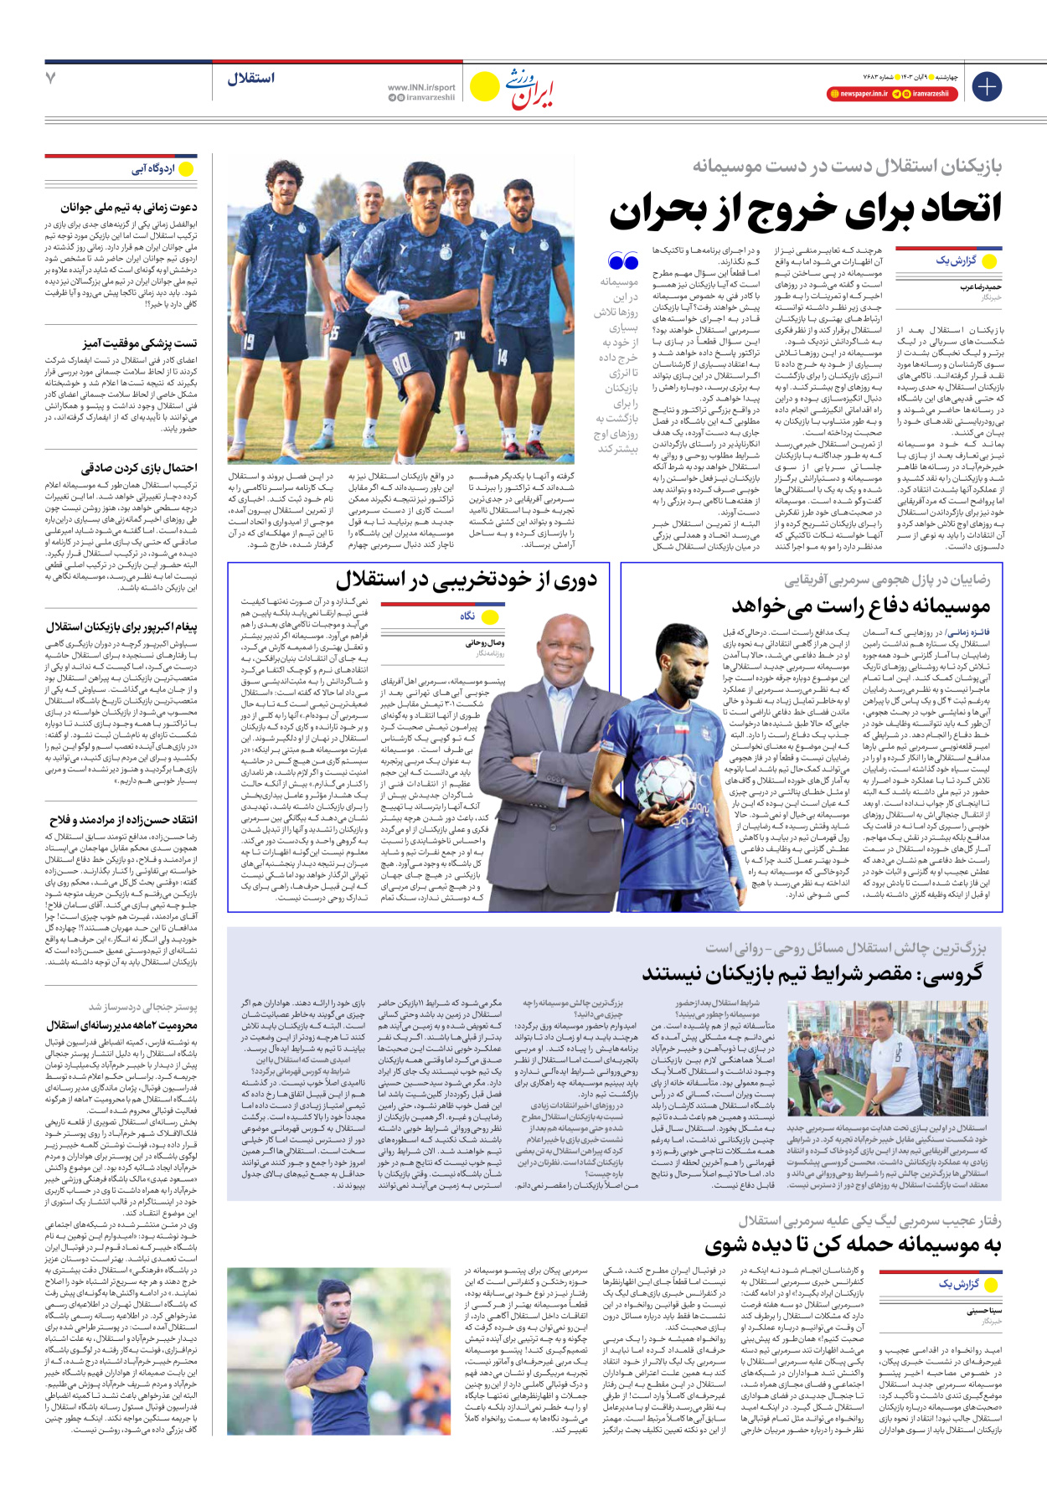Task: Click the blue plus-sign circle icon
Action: click(987, 86)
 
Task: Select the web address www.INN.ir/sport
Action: click(421, 87)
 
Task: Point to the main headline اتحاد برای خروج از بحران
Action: click(805, 209)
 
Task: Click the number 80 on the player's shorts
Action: click(401, 363)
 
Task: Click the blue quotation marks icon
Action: click(622, 261)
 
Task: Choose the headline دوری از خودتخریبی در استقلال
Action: click(467, 580)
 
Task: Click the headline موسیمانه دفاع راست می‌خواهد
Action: click(861, 605)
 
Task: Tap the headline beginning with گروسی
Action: click(812, 973)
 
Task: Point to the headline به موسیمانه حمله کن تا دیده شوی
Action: click(853, 1245)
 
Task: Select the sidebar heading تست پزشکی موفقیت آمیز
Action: click(140, 343)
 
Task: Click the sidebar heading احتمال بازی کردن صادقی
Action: click(139, 467)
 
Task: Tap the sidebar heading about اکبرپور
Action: click(122, 626)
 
